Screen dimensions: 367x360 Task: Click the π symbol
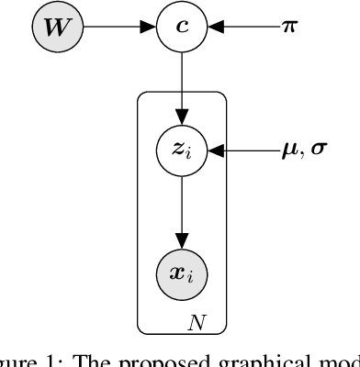pos(288,28)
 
